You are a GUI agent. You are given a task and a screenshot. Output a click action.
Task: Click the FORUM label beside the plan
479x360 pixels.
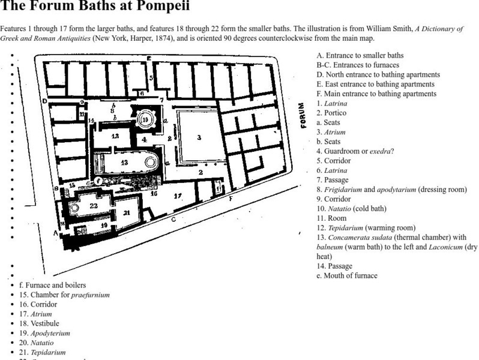click(x=303, y=116)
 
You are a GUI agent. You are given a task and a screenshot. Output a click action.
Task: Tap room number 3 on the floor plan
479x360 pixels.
click(x=199, y=137)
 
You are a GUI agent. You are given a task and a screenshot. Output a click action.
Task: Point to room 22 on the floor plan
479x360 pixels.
click(x=93, y=205)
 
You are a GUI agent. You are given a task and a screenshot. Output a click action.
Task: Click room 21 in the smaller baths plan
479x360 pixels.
click(x=127, y=212)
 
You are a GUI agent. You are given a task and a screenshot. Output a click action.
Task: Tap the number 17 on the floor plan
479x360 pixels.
click(x=177, y=196)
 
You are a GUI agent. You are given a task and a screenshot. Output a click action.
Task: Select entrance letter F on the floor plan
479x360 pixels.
click(x=230, y=199)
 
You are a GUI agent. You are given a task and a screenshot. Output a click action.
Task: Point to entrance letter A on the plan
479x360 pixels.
click(x=56, y=232)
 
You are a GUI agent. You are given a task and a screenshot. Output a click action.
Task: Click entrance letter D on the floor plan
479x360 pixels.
click(x=44, y=101)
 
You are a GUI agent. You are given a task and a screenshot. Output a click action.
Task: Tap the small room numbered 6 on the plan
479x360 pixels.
click(x=142, y=94)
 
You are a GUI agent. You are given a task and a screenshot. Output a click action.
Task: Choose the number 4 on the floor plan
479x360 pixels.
click(x=145, y=139)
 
